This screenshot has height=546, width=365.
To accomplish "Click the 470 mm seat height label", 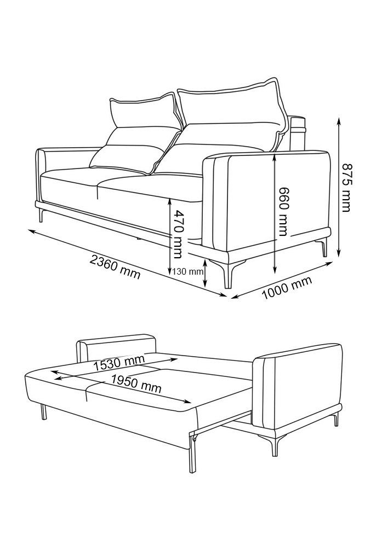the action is point(178,234).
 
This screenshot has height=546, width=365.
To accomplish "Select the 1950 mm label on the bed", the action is point(136,385).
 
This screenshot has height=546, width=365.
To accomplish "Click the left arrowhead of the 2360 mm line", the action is point(31,231).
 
